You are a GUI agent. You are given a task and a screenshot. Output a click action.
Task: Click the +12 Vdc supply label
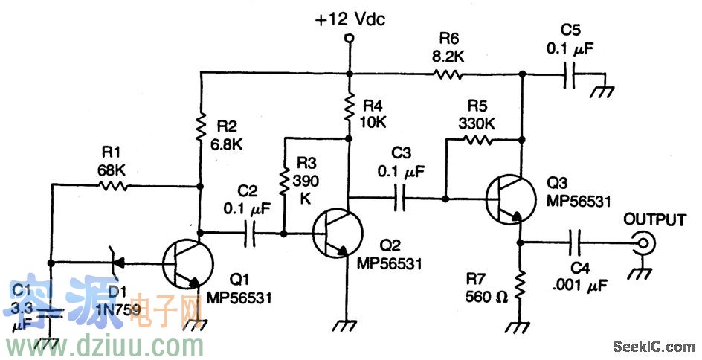coord(350,20)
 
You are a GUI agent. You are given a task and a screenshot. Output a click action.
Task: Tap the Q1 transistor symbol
coord(187,265)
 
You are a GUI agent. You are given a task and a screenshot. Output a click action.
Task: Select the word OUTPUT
coord(654,220)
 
